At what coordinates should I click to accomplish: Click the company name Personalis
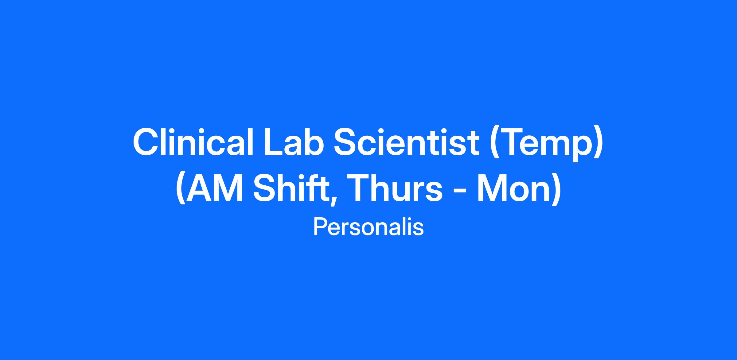click(x=368, y=227)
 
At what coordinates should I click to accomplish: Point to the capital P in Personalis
click(x=320, y=227)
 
